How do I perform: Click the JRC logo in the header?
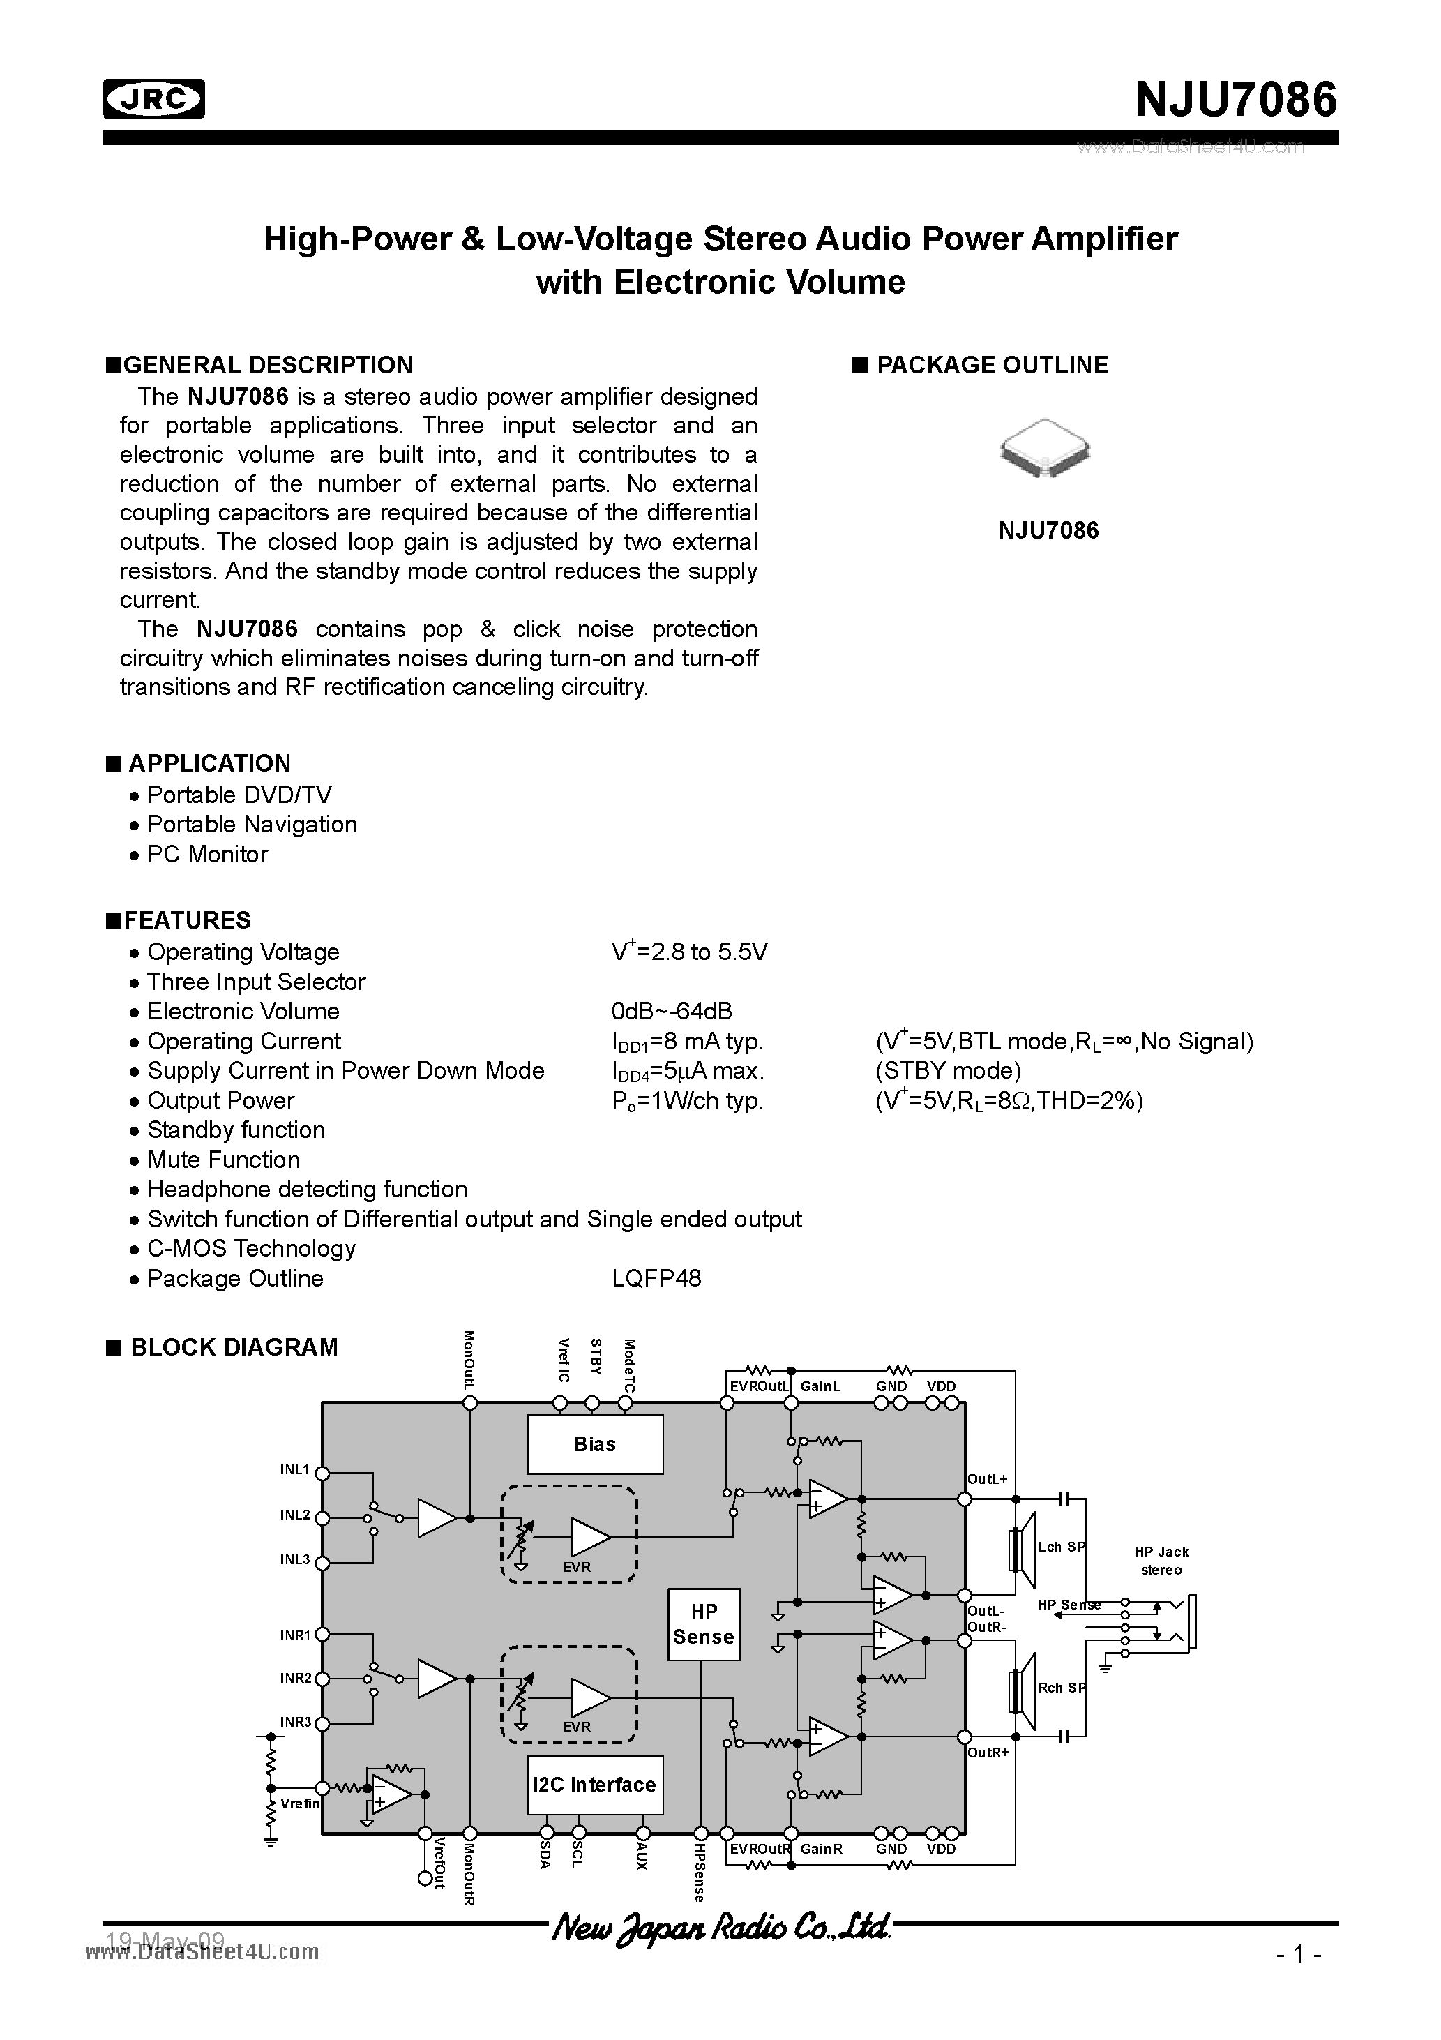click(153, 100)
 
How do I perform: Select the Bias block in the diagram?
click(594, 1443)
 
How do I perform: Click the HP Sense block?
click(704, 1623)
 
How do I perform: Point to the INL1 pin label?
click(295, 1469)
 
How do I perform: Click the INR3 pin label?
click(296, 1721)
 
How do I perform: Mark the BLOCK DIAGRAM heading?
click(234, 1347)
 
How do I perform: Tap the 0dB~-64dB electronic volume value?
click(672, 1011)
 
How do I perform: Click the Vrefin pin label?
click(299, 1803)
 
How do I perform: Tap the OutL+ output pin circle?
click(964, 1499)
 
